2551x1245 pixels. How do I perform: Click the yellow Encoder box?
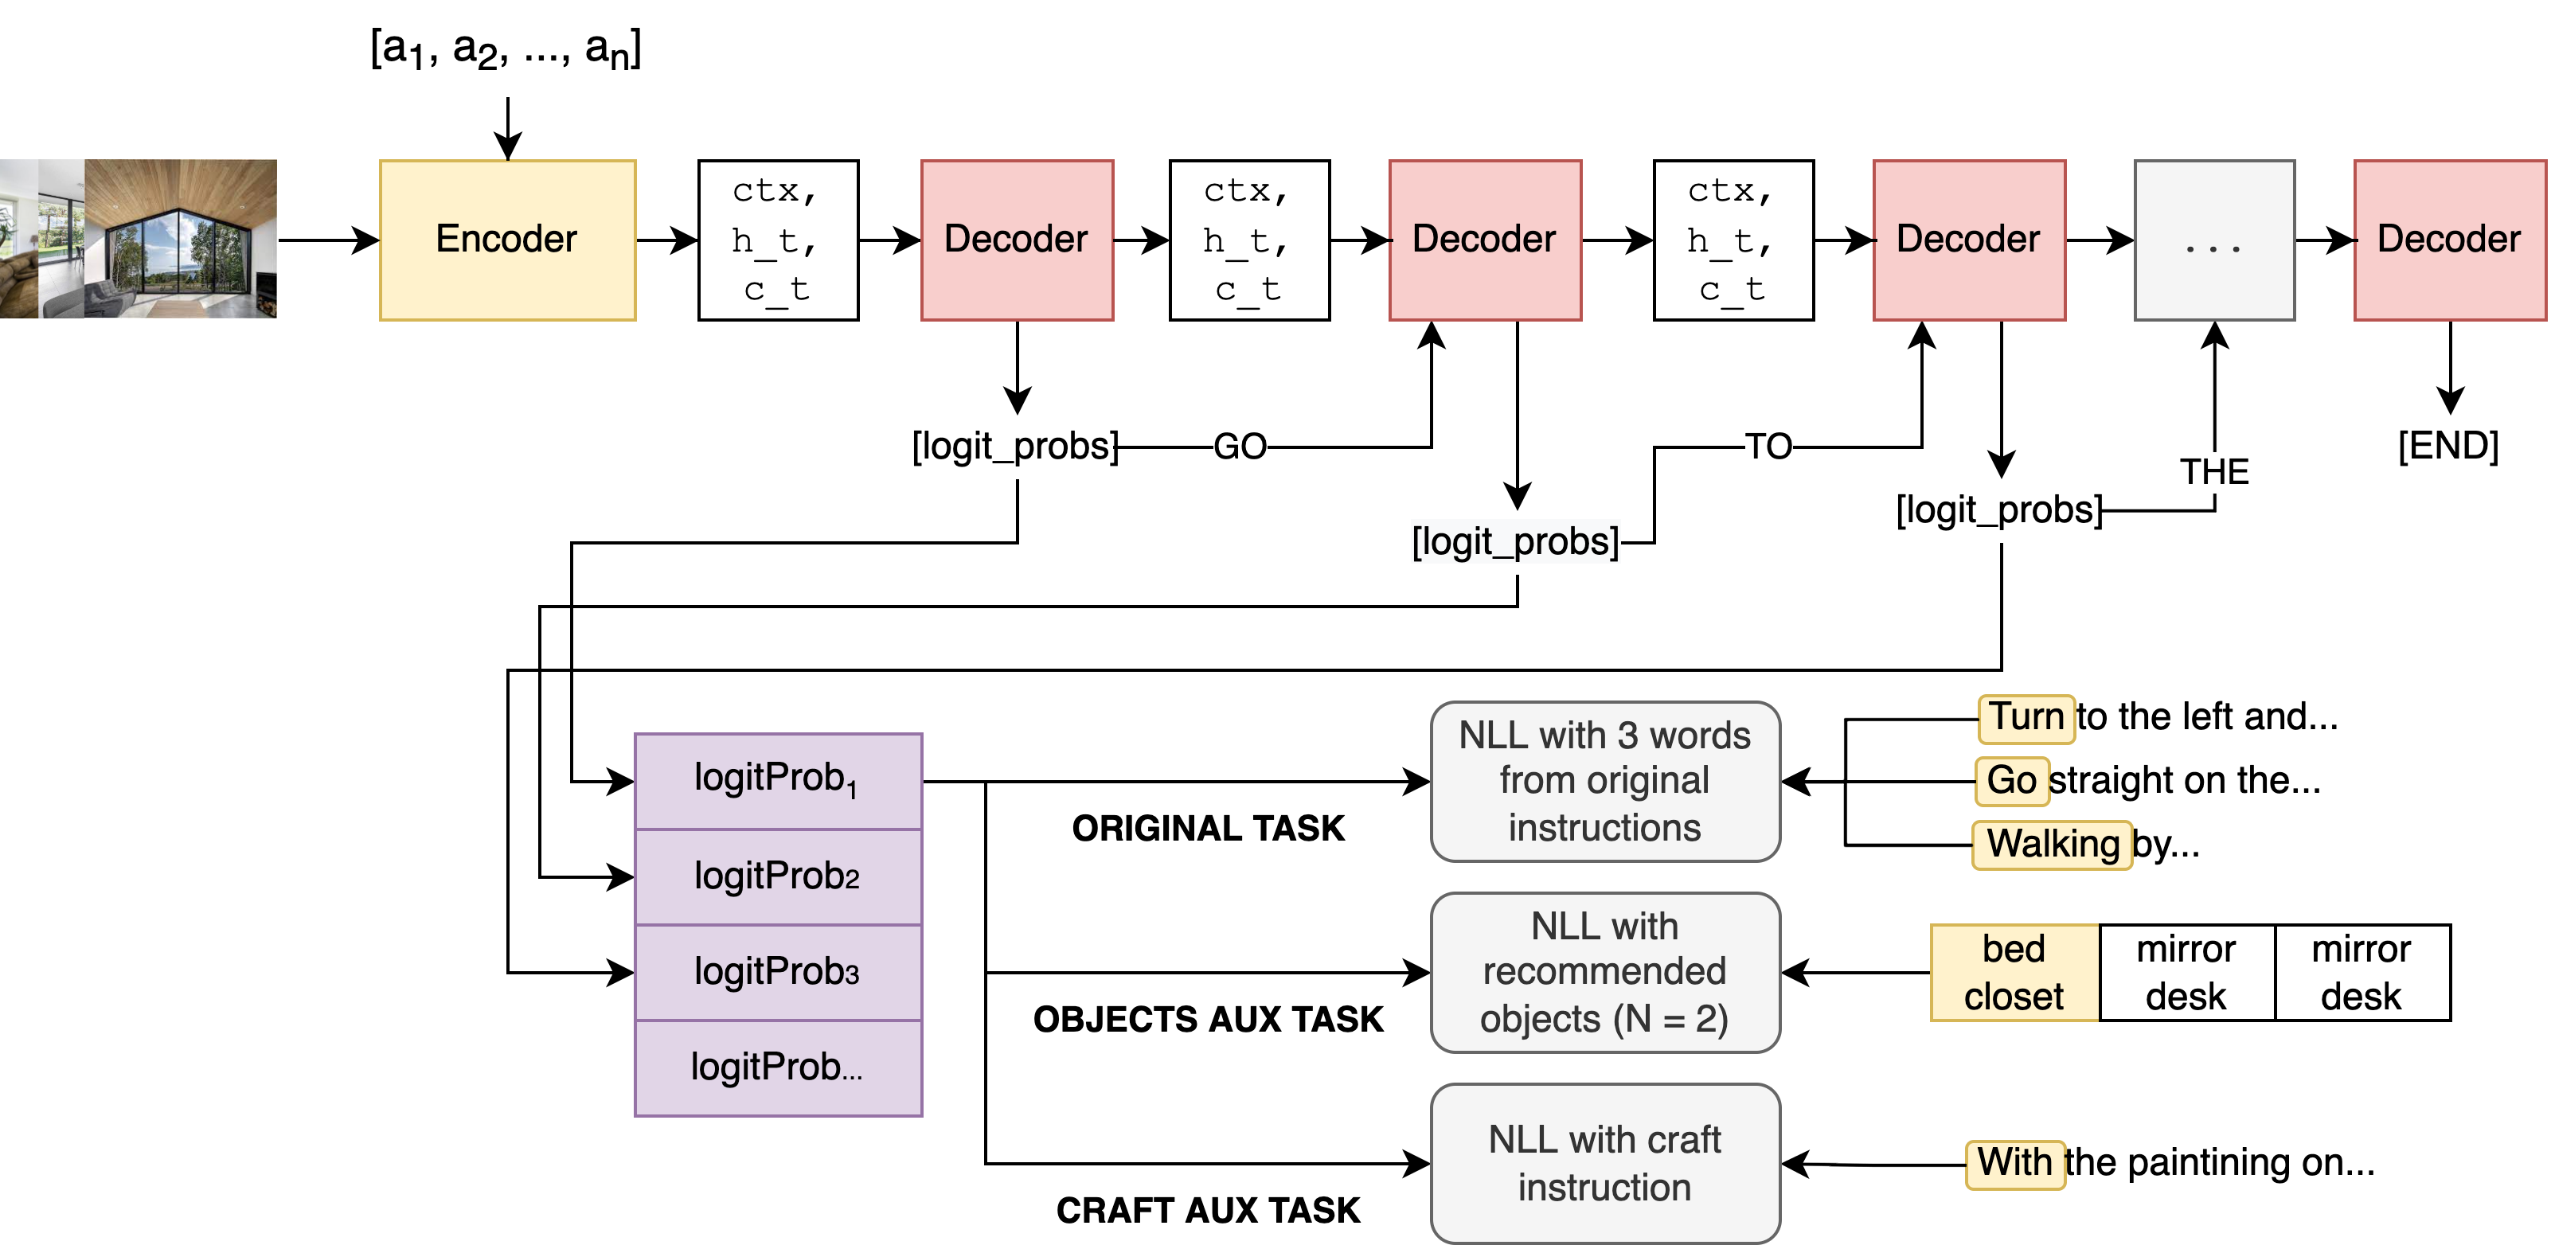pyautogui.click(x=507, y=240)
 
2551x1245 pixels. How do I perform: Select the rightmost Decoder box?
pyautogui.click(x=2448, y=240)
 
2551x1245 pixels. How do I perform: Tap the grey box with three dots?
pyautogui.click(x=2213, y=240)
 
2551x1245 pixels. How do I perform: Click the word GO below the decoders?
pyautogui.click(x=1239, y=447)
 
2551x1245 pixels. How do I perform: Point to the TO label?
pyautogui.click(x=1768, y=447)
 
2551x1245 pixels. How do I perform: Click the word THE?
pyautogui.click(x=2215, y=471)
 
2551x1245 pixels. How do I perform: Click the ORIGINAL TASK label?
pyautogui.click(x=1207, y=828)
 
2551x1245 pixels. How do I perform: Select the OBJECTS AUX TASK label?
pyautogui.click(x=1207, y=1019)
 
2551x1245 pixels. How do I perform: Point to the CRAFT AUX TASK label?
pyautogui.click(x=1207, y=1210)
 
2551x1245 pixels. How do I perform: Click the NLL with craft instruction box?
pyautogui.click(x=1604, y=1163)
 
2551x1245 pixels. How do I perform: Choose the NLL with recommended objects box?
pyautogui.click(x=1604, y=973)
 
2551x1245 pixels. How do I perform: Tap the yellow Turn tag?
pyautogui.click(x=2026, y=718)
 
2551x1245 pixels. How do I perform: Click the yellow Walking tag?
pyautogui.click(x=2052, y=845)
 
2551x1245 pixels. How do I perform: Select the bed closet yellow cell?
pyautogui.click(x=2014, y=973)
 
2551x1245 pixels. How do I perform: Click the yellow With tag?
pyautogui.click(x=2014, y=1164)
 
